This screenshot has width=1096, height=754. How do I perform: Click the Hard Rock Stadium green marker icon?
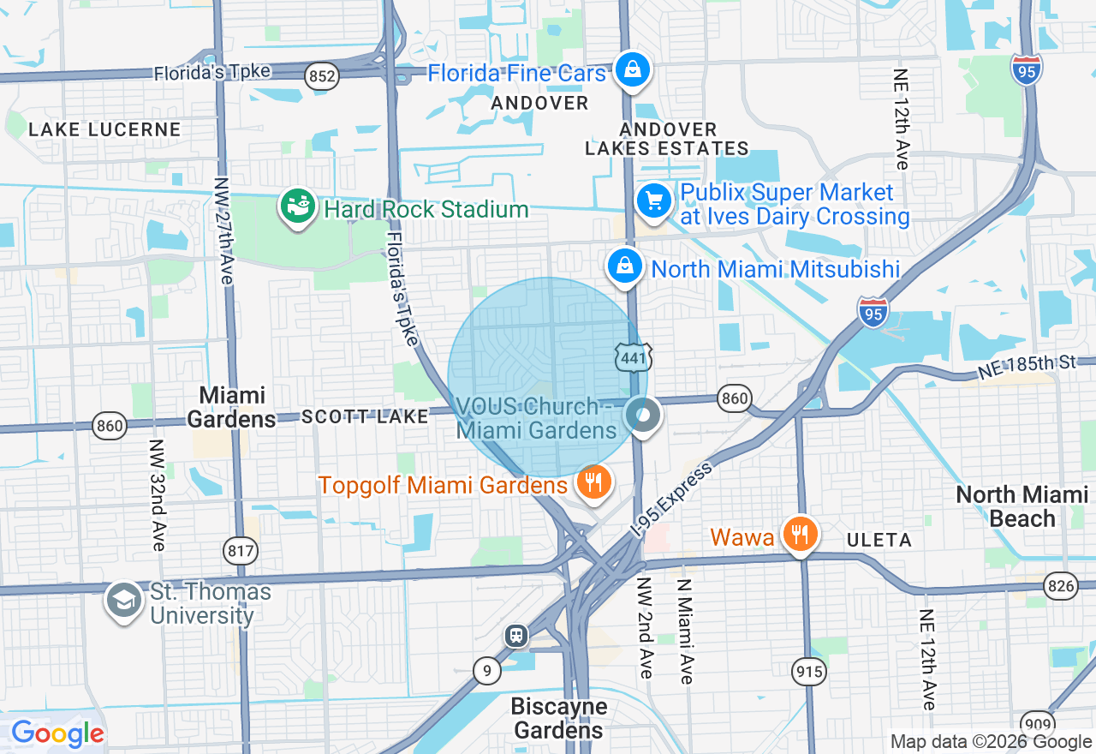(x=297, y=207)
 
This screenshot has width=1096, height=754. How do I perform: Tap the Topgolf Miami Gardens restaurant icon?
(x=592, y=483)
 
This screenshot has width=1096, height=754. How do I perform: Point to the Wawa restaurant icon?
(x=800, y=536)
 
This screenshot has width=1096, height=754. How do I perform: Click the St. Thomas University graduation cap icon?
(x=124, y=601)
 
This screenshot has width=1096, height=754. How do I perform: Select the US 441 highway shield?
(x=633, y=358)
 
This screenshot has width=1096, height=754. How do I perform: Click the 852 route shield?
(x=321, y=76)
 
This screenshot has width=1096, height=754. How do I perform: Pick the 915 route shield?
(x=809, y=672)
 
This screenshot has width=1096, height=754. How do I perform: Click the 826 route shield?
(x=1060, y=585)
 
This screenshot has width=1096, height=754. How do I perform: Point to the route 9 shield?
(x=486, y=670)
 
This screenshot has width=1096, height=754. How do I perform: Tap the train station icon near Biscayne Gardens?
(x=516, y=635)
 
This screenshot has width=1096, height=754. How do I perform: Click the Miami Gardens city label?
(x=231, y=407)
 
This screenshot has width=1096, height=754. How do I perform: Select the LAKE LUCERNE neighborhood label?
(x=104, y=130)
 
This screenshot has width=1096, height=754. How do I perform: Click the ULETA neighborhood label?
(x=880, y=540)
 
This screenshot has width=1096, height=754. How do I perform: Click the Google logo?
(x=57, y=733)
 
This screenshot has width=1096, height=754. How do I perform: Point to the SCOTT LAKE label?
(x=365, y=416)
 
